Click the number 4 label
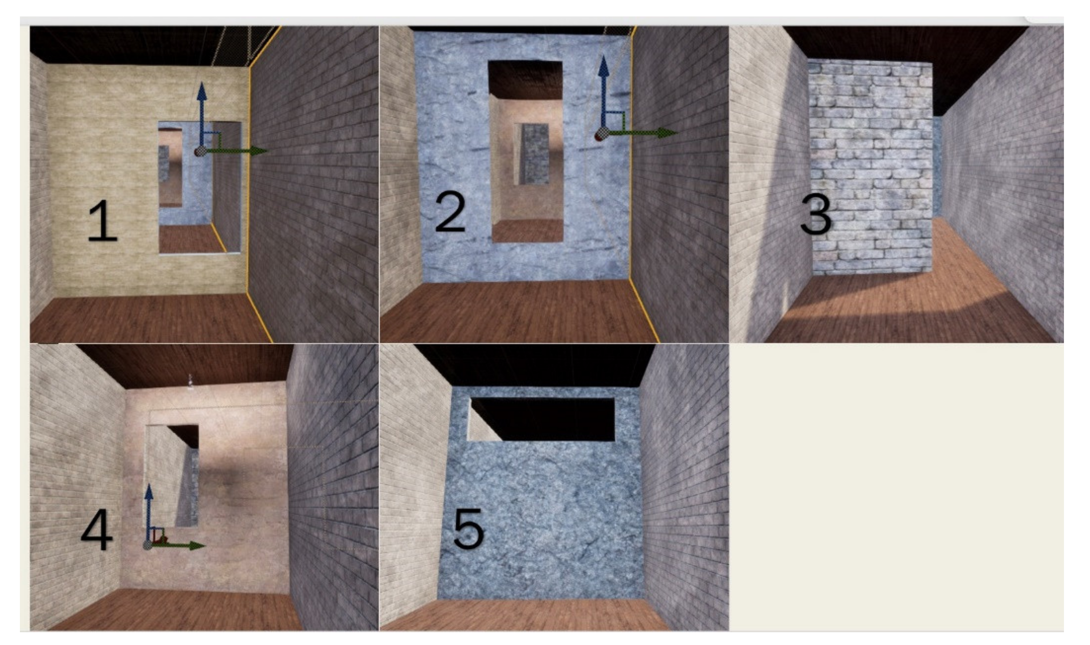tap(97, 529)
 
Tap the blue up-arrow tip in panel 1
tap(201, 82)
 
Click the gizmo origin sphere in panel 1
tap(200, 152)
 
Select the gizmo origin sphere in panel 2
tap(601, 134)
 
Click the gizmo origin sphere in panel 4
tap(148, 546)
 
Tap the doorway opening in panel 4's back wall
tap(172, 476)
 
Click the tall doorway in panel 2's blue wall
tap(526, 151)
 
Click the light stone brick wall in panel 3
tap(871, 167)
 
